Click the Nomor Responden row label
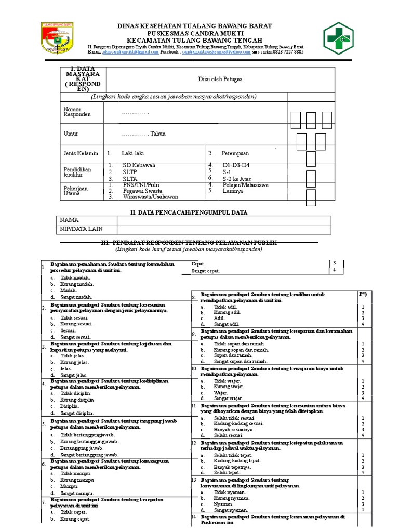(77, 112)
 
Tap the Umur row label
(71, 134)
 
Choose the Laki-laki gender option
(132, 154)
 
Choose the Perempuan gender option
(235, 154)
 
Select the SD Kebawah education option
(139, 166)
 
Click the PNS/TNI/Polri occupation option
(141, 184)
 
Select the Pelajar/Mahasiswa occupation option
(245, 184)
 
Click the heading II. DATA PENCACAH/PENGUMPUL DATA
(188, 212)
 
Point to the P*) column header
(363, 295)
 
